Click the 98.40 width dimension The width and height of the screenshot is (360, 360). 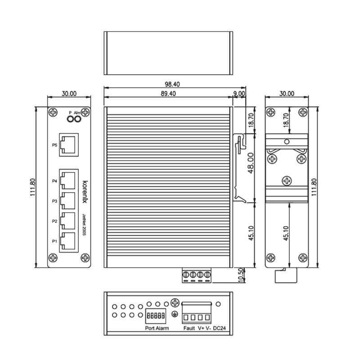tap(172, 84)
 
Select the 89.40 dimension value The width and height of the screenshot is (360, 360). tap(168, 94)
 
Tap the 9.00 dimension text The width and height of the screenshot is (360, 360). tap(239, 94)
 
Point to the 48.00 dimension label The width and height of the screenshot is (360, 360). tap(251, 163)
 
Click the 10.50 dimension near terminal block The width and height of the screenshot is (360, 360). tap(241, 275)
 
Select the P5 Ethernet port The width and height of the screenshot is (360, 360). tap(69, 145)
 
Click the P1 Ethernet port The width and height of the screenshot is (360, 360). tap(68, 241)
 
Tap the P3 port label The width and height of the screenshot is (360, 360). tap(54, 201)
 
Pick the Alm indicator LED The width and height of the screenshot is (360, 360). tap(77, 119)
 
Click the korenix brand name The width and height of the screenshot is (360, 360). tap(85, 192)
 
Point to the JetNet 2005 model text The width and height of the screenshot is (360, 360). tap(84, 225)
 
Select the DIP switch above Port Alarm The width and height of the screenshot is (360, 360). tap(156, 316)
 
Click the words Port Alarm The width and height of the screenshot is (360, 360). tap(157, 328)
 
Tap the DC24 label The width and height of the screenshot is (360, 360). tap(220, 328)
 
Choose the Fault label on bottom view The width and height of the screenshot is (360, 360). tap(189, 328)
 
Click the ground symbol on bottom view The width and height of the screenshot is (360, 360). tap(175, 314)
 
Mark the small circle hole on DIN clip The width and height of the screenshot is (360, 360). tap(287, 142)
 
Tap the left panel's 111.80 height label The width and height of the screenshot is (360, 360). tap(33, 187)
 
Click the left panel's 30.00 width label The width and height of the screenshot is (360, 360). tap(69, 94)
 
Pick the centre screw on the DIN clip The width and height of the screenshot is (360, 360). tap(287, 181)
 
